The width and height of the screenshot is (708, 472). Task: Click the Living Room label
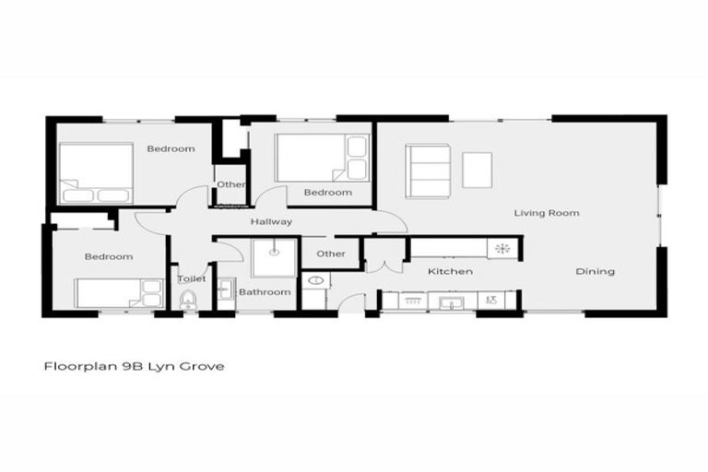[x=546, y=213]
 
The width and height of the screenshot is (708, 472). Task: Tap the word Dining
[x=595, y=271]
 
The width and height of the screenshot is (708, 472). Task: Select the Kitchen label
[x=450, y=271]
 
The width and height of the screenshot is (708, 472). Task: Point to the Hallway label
[x=271, y=222]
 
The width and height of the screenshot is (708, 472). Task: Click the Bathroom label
[x=265, y=292]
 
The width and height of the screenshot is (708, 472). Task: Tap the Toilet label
[x=191, y=277]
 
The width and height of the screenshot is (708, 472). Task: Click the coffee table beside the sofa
[x=477, y=170]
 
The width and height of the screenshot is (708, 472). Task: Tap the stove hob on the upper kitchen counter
[x=502, y=248]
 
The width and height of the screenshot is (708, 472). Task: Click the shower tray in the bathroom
[x=274, y=257]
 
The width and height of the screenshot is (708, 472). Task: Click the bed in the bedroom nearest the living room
[x=322, y=158]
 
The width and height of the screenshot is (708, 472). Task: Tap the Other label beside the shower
[x=331, y=254]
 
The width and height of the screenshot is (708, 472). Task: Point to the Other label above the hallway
[x=230, y=184]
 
